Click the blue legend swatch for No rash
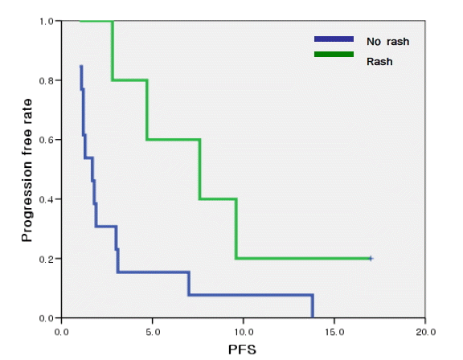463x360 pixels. click(334, 39)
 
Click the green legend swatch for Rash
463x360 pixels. click(334, 55)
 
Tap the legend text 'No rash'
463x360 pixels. click(387, 42)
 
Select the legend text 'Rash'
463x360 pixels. click(379, 62)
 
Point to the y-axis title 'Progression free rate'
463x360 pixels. click(27, 170)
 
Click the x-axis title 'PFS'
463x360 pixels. click(242, 350)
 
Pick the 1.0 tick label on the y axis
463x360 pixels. click(46, 21)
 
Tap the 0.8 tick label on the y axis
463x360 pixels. click(46, 80)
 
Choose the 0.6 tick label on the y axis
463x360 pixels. click(46, 140)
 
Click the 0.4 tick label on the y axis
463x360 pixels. click(46, 199)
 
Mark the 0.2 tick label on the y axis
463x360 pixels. click(46, 259)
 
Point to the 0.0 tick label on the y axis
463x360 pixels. click(46, 318)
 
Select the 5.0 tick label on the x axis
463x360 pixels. click(153, 332)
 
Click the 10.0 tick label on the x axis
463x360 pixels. click(244, 332)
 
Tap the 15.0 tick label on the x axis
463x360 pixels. click(334, 332)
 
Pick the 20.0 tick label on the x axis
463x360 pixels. click(426, 332)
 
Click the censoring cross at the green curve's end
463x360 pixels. click(371, 259)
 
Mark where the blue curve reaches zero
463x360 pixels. click(313, 317)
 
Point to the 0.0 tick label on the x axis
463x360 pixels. click(61, 332)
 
